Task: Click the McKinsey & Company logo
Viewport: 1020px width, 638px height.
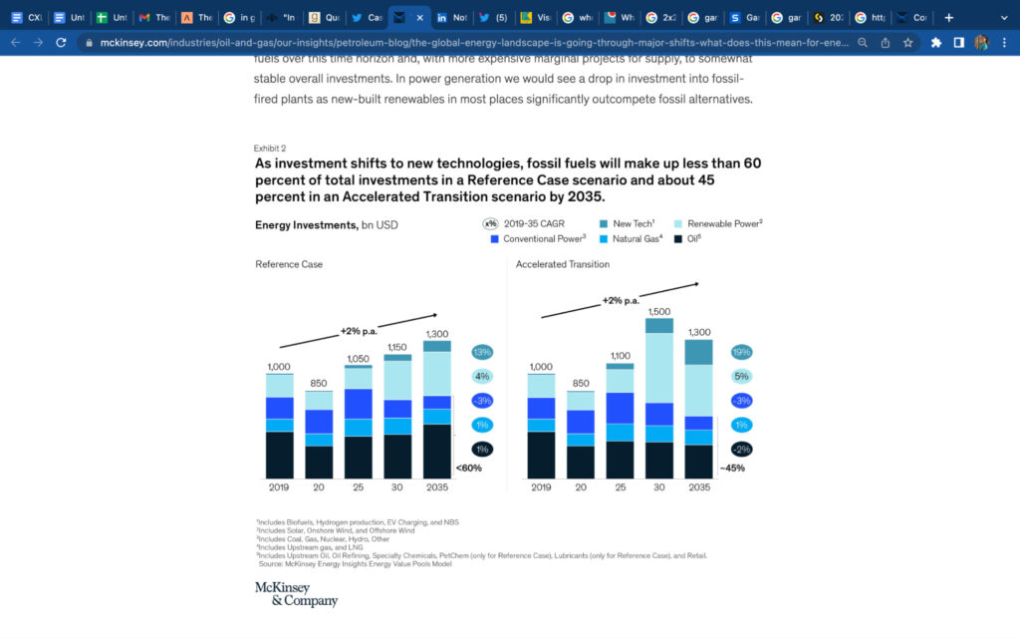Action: tap(296, 593)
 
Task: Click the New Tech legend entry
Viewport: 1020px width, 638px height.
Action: tap(633, 223)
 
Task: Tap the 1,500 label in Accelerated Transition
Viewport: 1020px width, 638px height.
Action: tap(658, 311)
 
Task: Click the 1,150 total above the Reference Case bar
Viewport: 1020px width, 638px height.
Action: tap(397, 347)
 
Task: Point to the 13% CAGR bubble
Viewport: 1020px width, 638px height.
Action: tap(482, 352)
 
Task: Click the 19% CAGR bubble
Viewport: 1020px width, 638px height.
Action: tap(741, 352)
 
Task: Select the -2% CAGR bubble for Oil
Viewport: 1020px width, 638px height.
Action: tap(741, 450)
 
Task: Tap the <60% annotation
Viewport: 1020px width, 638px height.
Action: tap(468, 468)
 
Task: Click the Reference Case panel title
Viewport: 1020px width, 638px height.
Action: tap(289, 264)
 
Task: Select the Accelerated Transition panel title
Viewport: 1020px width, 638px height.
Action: tap(563, 264)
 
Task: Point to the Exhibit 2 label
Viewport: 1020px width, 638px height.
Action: tap(269, 148)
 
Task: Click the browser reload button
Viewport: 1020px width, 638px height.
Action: tap(62, 43)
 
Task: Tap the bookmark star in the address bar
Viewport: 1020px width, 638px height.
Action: tap(907, 43)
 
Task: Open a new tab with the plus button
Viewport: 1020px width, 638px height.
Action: tap(948, 17)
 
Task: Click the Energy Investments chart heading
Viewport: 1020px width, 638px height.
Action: tap(326, 225)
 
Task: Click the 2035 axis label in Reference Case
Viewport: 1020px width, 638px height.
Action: tap(436, 487)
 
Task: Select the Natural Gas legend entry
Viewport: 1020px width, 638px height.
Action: tap(637, 239)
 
